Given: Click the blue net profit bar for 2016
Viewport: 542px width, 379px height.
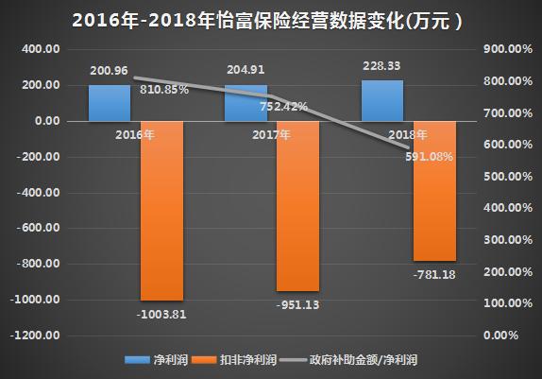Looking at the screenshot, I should [x=110, y=103].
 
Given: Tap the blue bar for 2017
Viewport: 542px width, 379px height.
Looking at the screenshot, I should [x=246, y=102].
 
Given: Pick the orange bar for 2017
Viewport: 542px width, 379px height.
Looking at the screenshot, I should [x=297, y=205].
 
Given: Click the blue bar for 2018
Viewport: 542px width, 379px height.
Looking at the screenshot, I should [x=382, y=100].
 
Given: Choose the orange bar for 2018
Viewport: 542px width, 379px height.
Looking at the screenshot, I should [x=433, y=190].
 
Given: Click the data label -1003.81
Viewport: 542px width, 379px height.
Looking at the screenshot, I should [x=161, y=314].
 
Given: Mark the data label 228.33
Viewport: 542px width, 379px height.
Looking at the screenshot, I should [x=382, y=66].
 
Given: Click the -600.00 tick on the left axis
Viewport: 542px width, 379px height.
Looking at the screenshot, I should [x=40, y=228].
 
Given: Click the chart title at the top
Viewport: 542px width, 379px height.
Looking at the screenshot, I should [x=270, y=18].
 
